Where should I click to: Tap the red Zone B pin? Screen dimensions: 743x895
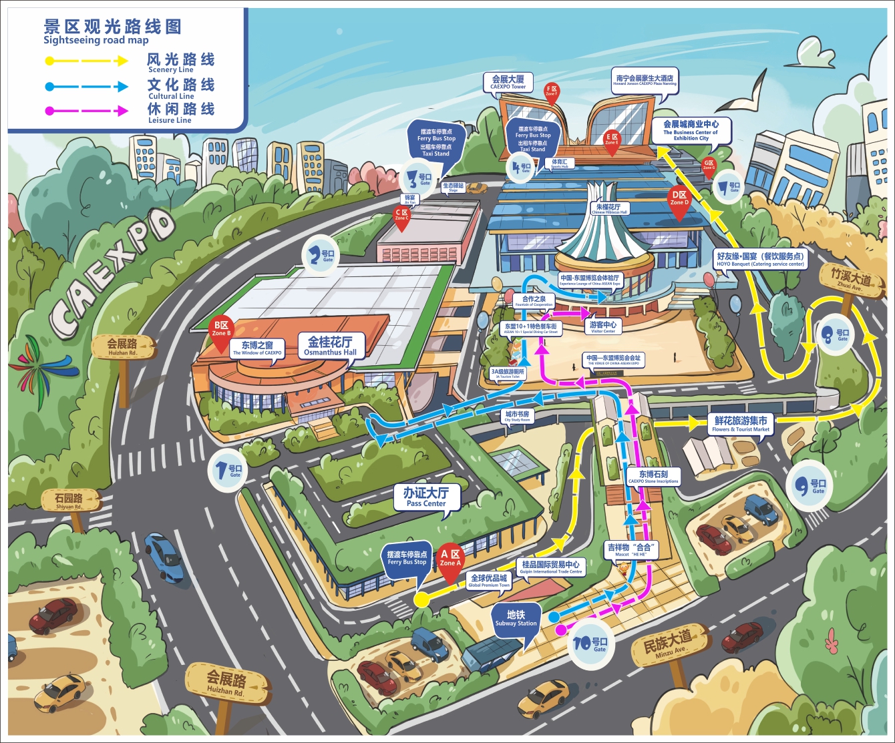(x=221, y=332)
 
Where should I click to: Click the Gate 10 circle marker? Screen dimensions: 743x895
(x=590, y=644)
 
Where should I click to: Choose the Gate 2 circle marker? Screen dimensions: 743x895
(x=321, y=256)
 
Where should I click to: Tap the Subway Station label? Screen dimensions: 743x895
(x=516, y=618)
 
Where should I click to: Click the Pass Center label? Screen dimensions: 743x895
(x=425, y=497)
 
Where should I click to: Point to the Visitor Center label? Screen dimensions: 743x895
(x=602, y=326)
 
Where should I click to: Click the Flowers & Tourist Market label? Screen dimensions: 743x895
(x=741, y=424)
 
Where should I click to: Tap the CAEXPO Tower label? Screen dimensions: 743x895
(x=508, y=82)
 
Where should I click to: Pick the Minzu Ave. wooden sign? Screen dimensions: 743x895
(x=669, y=645)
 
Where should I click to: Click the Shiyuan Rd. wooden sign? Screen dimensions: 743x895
(x=70, y=501)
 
